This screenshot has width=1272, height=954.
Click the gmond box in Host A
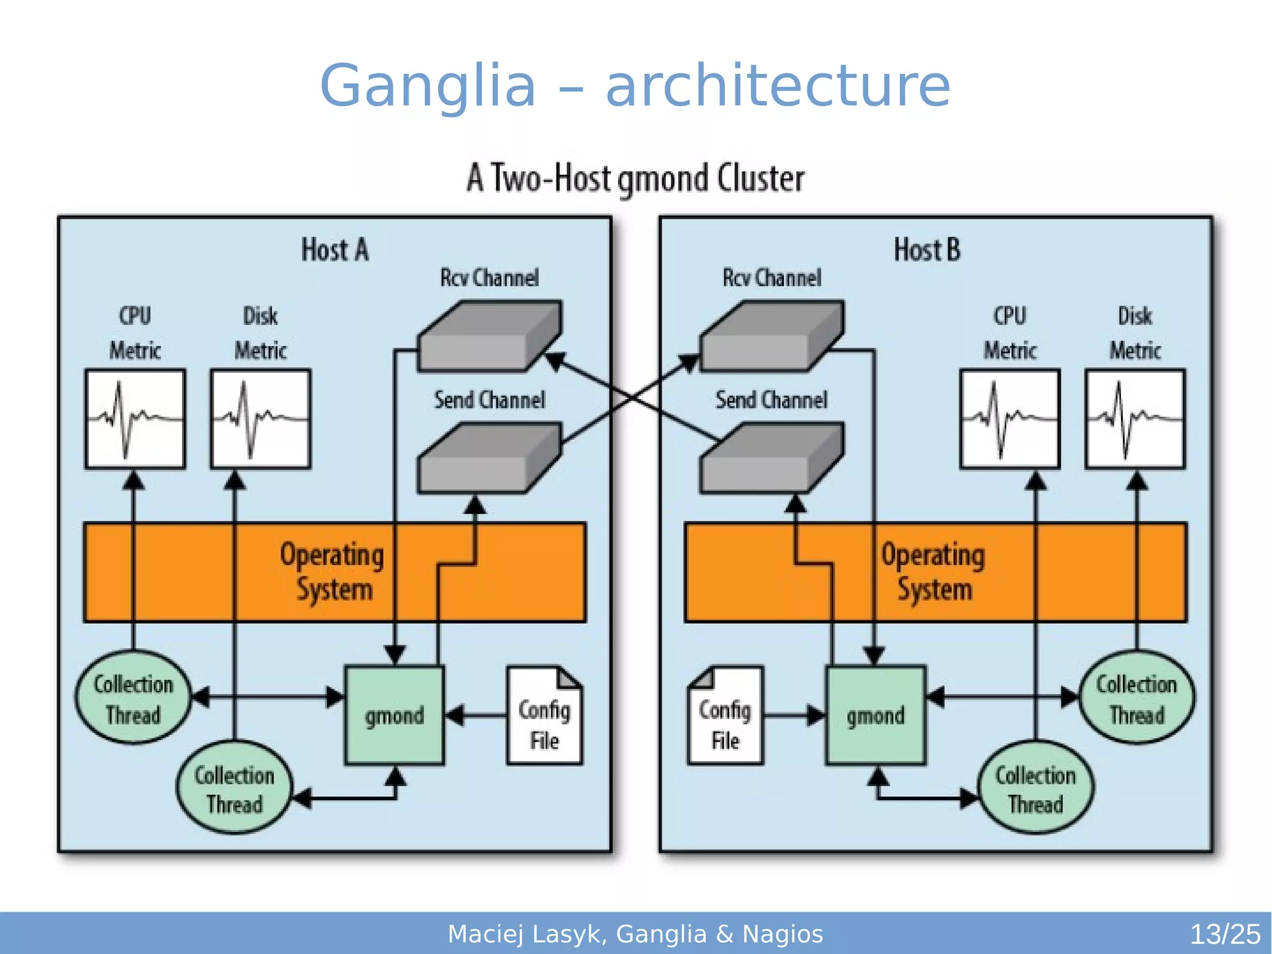[394, 715]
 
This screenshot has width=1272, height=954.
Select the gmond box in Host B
[876, 715]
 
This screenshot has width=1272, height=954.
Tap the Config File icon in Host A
[545, 716]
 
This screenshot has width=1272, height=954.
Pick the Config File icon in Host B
[725, 716]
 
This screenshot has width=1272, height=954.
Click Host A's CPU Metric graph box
[135, 419]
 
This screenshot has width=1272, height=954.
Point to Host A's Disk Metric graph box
[261, 419]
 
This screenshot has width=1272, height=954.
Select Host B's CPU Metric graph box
[1010, 419]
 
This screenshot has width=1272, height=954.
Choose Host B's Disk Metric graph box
[1135, 419]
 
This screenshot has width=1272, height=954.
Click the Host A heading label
[335, 250]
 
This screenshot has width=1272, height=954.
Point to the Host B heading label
[927, 250]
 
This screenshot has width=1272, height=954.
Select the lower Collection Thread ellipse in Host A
[234, 788]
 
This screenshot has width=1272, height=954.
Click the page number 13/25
[1225, 934]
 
